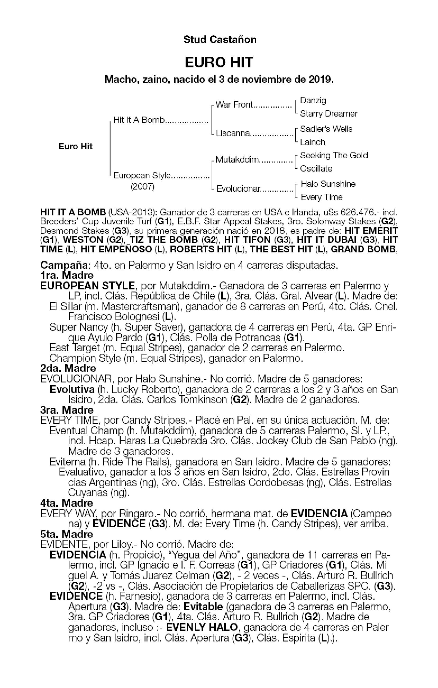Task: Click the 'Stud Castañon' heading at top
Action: coord(220,39)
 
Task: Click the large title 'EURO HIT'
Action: coord(219,63)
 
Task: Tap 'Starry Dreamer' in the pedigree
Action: coord(328,114)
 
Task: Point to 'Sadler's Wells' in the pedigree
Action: coord(326,129)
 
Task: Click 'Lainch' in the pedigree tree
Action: coord(312,142)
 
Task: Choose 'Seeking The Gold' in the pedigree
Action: coord(334,155)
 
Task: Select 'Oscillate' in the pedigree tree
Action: coord(316,169)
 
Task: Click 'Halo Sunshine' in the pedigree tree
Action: coord(328,184)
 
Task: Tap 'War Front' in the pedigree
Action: coord(234,105)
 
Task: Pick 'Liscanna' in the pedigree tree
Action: coord(233,133)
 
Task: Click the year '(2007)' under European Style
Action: coord(142,187)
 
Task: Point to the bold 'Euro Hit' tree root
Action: coord(75,147)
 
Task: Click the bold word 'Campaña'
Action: coord(64,265)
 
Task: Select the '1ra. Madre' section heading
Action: coord(67,275)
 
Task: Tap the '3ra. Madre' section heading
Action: coord(67,410)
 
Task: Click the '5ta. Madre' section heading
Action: coord(67,534)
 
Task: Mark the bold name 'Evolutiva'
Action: coord(72,389)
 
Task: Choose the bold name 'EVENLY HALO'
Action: coord(202,627)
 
